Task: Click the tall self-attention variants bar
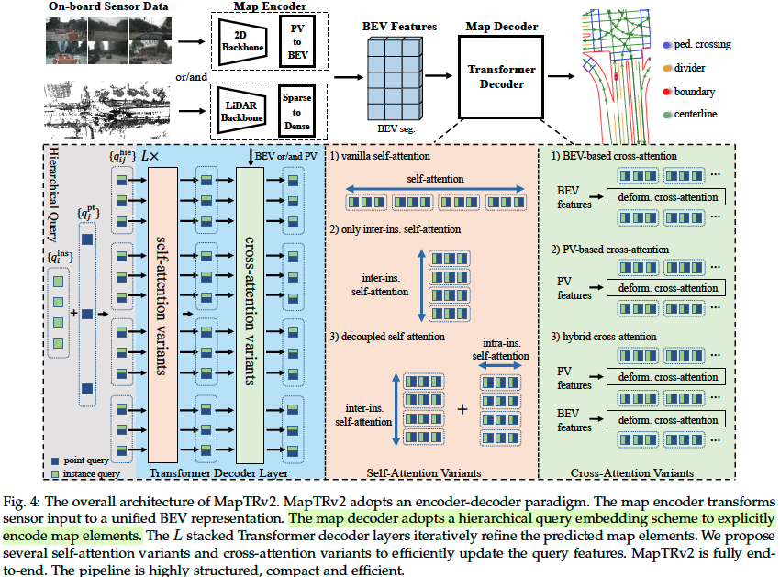(163, 307)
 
